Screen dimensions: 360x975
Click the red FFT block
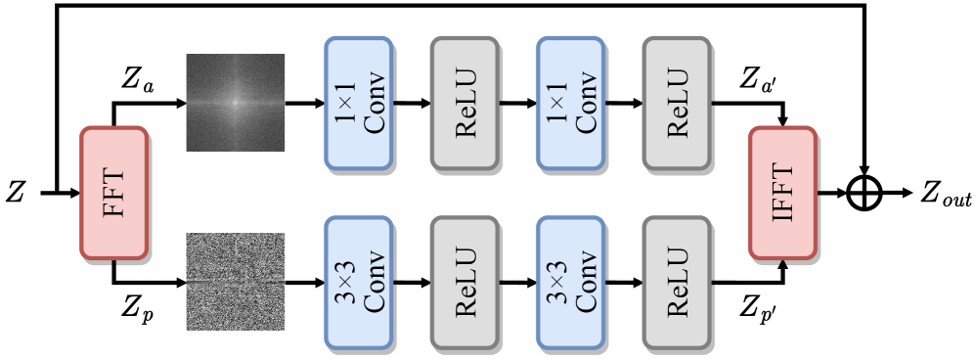point(113,193)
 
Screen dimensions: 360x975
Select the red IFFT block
point(782,193)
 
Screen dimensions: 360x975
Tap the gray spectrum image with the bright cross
point(236,103)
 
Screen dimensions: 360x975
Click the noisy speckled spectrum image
point(236,282)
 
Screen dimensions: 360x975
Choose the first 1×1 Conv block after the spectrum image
point(359,103)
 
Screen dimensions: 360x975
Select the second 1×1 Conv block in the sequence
point(570,103)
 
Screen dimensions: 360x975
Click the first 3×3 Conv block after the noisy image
point(359,283)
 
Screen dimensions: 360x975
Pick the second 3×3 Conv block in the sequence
point(570,283)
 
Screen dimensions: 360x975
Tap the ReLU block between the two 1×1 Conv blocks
point(465,103)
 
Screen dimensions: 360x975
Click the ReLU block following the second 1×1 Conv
point(676,103)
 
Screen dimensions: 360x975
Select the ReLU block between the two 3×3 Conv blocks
point(465,283)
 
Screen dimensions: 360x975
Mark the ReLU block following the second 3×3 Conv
point(676,283)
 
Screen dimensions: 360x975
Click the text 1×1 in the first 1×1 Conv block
point(345,103)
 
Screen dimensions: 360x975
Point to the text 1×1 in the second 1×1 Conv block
point(556,103)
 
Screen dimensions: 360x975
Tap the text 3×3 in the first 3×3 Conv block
point(345,283)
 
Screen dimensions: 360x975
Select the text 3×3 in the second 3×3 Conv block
point(556,283)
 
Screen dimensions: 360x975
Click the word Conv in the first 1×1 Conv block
point(375,103)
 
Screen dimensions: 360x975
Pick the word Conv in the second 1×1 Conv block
point(586,103)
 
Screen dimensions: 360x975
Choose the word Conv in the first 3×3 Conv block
point(375,283)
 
